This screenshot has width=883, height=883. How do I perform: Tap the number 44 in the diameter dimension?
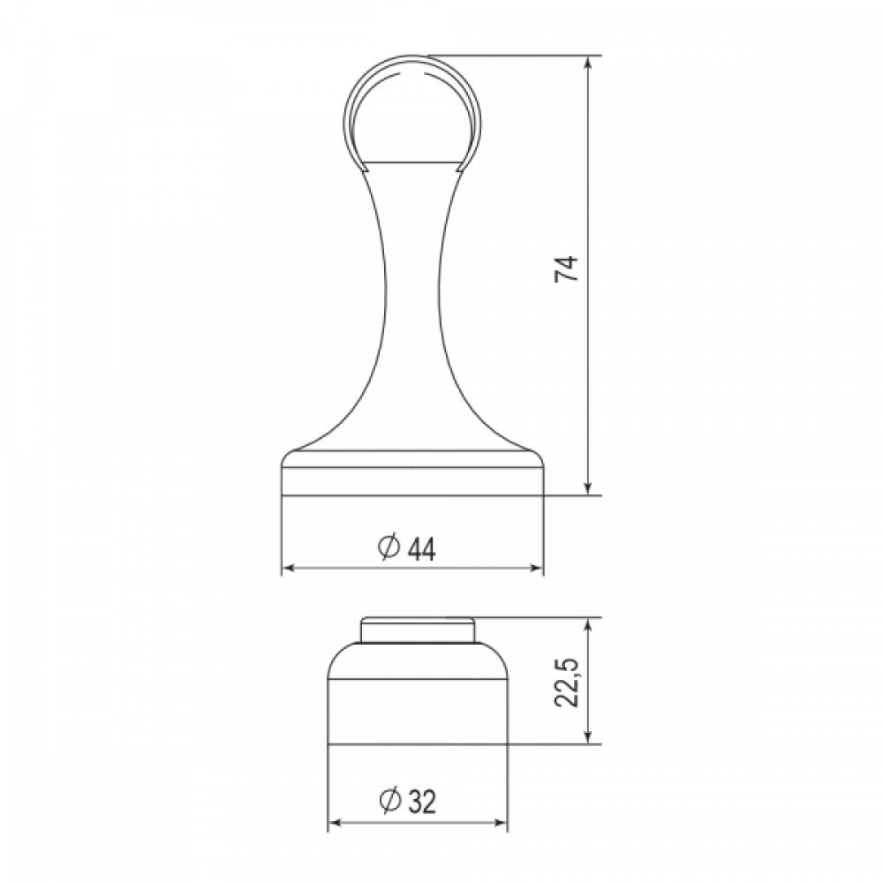pos(421,549)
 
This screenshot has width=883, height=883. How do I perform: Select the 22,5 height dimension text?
pos(567,681)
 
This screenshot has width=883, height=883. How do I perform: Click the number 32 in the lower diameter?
pos(422,802)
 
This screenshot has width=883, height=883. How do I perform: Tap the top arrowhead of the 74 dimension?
pos(588,63)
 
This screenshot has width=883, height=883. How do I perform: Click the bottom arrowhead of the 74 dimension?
pos(588,488)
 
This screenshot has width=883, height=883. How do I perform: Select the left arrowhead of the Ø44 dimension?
pos(289,568)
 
